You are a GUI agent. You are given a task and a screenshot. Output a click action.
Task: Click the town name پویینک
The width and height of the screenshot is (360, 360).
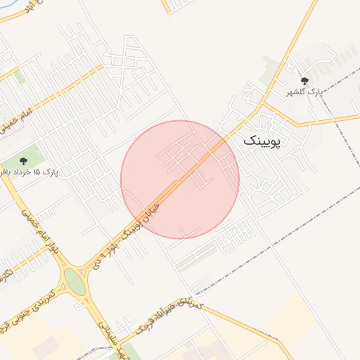coord(262,141)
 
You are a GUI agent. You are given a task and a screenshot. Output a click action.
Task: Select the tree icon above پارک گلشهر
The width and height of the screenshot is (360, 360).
coord(304,82)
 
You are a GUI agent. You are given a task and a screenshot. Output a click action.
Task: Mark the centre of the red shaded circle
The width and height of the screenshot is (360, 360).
coord(180,179)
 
